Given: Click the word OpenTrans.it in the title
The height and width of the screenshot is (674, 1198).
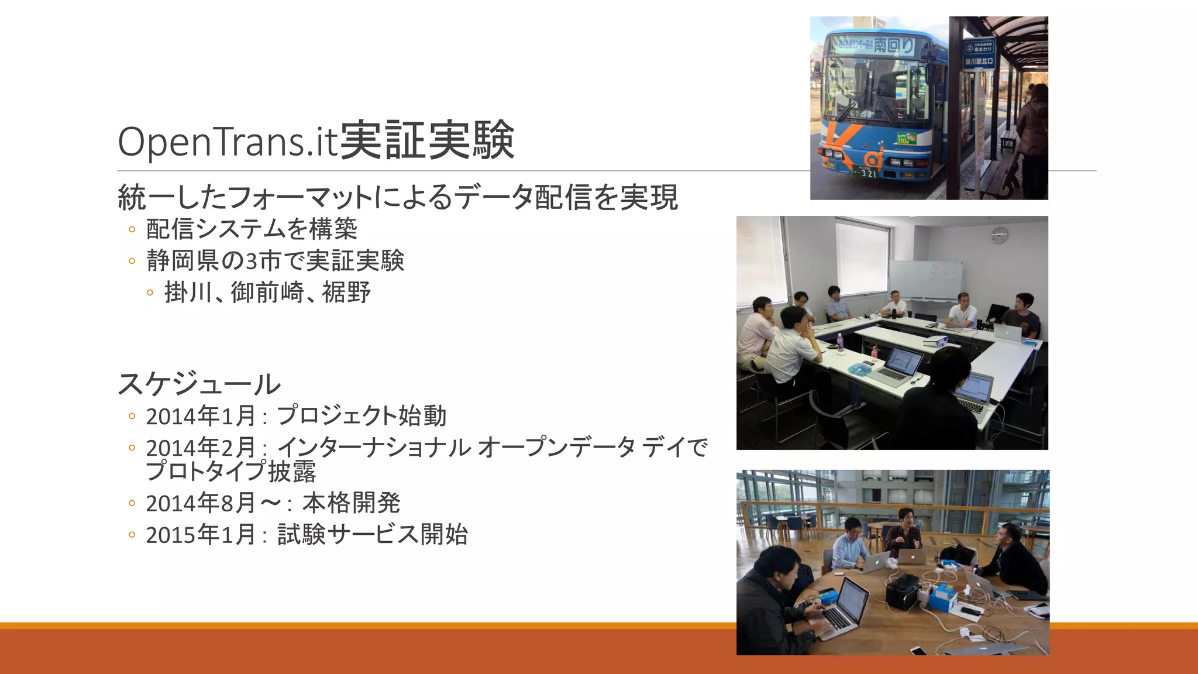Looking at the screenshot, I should (x=228, y=142).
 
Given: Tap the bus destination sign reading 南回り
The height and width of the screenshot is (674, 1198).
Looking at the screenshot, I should (x=893, y=45).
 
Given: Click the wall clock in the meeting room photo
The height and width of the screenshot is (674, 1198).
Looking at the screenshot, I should (x=999, y=236).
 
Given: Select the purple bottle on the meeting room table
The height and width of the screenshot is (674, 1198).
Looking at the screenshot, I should (x=840, y=343).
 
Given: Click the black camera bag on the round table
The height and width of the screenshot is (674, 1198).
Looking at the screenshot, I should (x=903, y=590).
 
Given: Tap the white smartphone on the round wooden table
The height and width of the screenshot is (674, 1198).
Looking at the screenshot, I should (x=918, y=651).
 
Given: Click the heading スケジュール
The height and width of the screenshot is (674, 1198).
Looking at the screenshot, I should (x=199, y=384).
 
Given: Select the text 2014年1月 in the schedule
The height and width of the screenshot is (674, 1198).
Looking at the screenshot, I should (x=201, y=417).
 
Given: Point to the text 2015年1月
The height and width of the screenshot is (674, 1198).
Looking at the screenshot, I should (x=201, y=535).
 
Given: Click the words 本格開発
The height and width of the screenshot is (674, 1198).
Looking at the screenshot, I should (x=351, y=503).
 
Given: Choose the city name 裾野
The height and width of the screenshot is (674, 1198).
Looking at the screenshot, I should (x=346, y=293).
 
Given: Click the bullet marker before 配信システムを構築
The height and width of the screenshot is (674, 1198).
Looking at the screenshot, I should (x=132, y=229).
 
